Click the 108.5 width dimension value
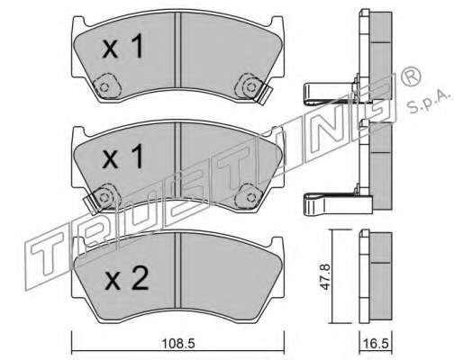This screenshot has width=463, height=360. point(178,343)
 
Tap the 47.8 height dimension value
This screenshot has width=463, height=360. point(325,276)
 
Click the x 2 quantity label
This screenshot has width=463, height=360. point(127,279)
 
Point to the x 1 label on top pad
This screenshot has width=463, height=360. point(123,46)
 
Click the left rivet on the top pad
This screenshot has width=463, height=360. point(104,87)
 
